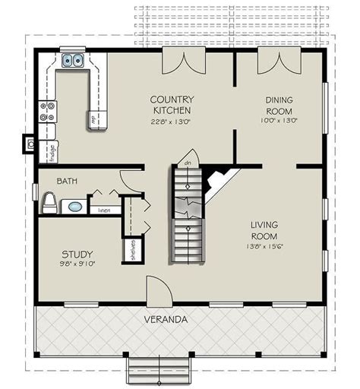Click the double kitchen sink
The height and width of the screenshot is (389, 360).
74,60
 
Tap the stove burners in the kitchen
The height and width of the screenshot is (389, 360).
47,112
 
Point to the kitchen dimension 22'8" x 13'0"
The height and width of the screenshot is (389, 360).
172,119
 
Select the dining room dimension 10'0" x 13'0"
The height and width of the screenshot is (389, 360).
279,119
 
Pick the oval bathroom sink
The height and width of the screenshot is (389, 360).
74,206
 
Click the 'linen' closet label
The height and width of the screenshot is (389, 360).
105,210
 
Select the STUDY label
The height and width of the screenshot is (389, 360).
77,254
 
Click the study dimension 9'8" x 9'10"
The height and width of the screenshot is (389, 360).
77,264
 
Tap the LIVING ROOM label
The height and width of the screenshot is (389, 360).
264,230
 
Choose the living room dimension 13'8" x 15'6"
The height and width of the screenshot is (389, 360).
264,246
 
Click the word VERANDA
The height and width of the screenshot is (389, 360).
166,320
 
